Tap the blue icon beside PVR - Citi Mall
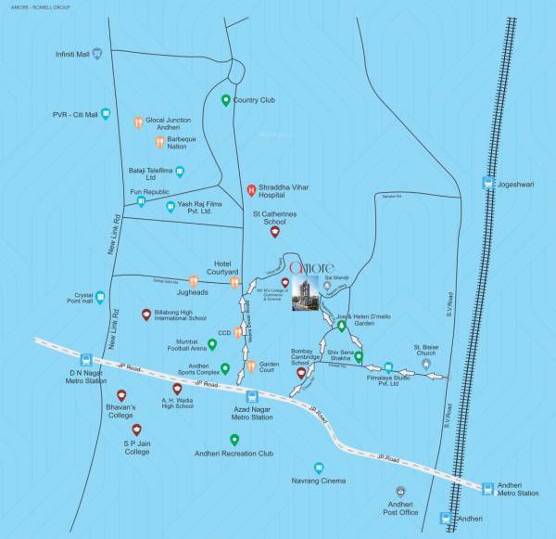(107, 114)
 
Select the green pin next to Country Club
(225, 100)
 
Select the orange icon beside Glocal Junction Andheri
(138, 122)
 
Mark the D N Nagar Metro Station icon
(86, 358)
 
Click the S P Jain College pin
(136, 430)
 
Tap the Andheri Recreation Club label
(233, 454)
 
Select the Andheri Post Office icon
(399, 492)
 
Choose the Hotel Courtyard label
(222, 266)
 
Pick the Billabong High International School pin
(146, 314)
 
